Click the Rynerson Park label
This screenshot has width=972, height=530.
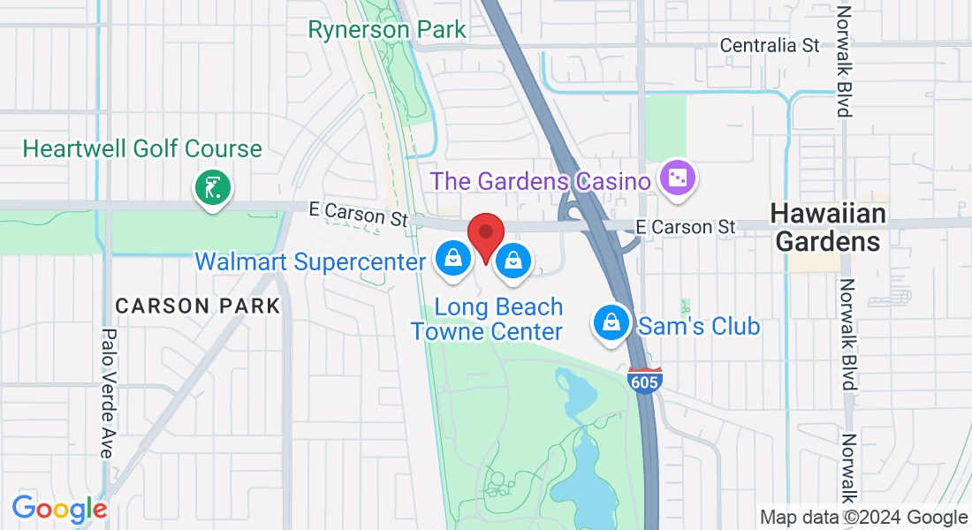pos(386,29)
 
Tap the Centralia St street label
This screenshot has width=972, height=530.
pos(770,45)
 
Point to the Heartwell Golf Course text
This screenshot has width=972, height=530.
pos(142,148)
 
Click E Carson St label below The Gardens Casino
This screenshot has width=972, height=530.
pos(689,227)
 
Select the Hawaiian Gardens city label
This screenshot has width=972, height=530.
pos(827,227)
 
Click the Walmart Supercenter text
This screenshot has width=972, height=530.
pos(310,261)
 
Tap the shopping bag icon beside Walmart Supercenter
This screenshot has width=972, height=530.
pos(452,259)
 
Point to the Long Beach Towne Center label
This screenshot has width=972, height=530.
pos(487,319)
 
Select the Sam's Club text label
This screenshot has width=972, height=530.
pos(698,326)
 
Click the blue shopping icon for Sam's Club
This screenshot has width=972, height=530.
pos(611,323)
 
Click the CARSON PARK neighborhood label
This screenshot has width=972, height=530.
pos(197,306)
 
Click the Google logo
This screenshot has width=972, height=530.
pos(59,509)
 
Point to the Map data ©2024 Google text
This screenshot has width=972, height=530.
pos(864,518)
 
